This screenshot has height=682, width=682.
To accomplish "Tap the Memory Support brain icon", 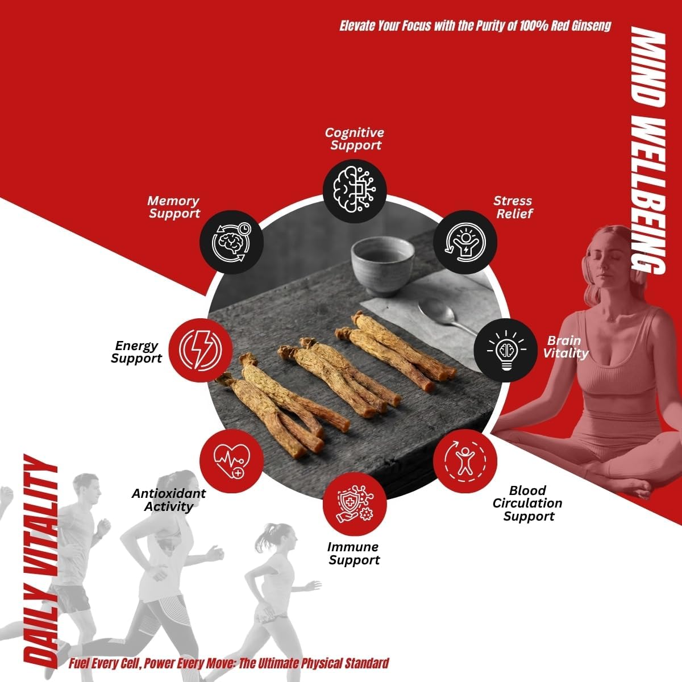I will click(231, 242).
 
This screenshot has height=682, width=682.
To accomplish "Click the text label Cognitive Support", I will click(355, 139).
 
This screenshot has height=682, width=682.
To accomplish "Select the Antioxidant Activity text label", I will click(168, 500).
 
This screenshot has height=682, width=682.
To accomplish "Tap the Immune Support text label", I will click(354, 554).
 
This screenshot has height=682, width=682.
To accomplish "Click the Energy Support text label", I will click(136, 352).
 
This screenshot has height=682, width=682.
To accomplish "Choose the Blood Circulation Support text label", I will click(527, 504).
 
